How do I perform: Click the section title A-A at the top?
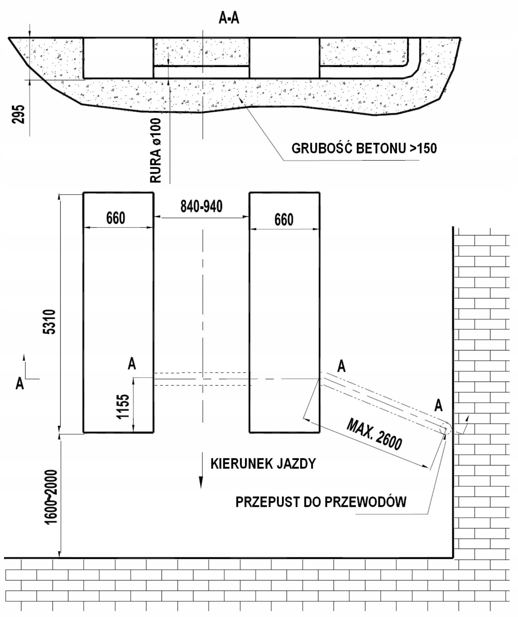(229, 18)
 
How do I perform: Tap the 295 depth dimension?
(18, 114)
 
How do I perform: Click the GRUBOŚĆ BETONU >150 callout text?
(364, 148)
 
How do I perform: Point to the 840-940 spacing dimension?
(201, 206)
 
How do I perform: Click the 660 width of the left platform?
(116, 218)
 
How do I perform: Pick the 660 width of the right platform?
(284, 220)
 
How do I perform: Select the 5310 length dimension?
(49, 322)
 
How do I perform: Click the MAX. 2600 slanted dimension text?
(374, 434)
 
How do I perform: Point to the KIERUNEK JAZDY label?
(263, 464)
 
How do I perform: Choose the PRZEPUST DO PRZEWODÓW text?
(321, 502)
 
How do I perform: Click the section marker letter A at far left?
(20, 383)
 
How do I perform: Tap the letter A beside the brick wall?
(438, 405)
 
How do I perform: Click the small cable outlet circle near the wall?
(446, 429)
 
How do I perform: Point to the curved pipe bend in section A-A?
(415, 70)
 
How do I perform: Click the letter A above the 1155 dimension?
(132, 363)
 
